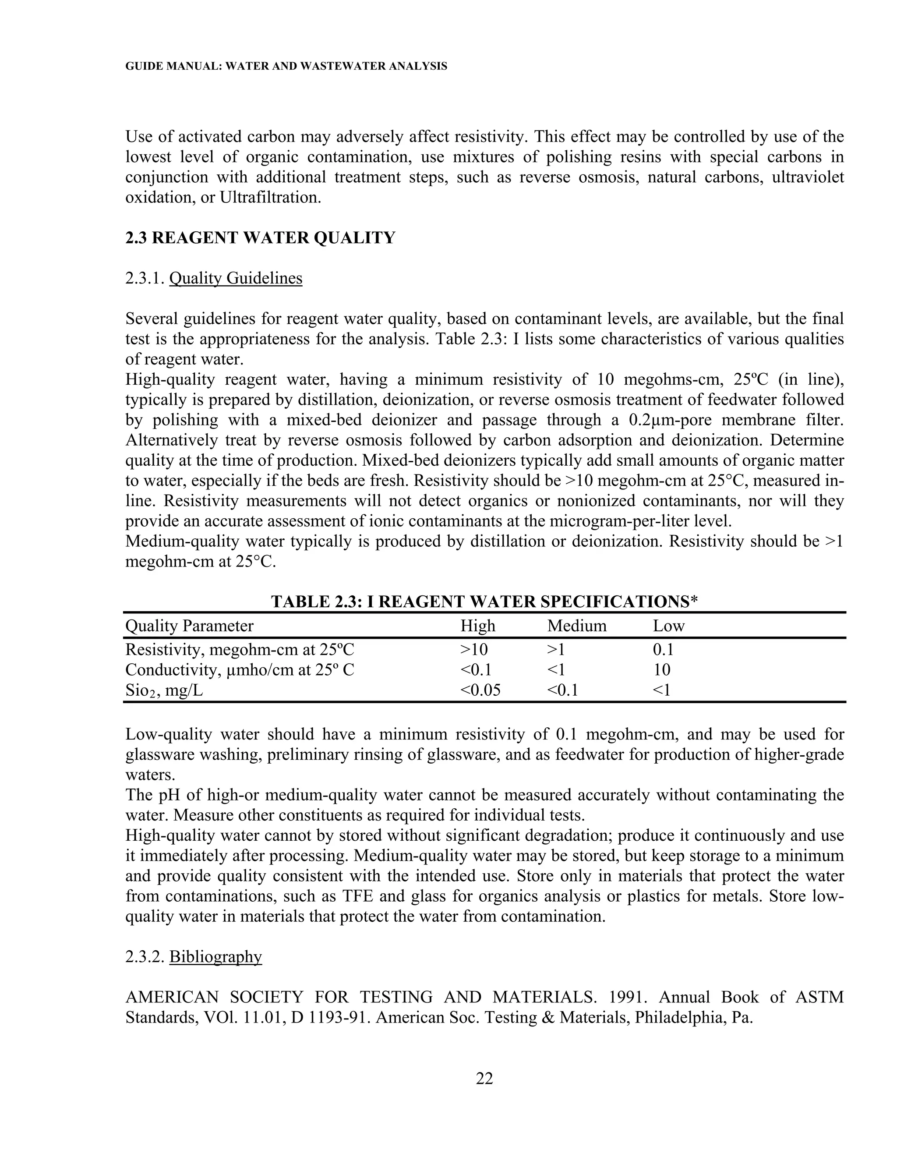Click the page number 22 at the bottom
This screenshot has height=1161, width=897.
click(484, 1078)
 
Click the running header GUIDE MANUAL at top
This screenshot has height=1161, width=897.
click(286, 67)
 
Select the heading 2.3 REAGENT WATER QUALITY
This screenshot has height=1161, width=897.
click(261, 237)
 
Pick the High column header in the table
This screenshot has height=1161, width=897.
click(478, 626)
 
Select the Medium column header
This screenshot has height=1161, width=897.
click(576, 626)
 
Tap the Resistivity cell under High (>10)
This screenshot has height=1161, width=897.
click(474, 650)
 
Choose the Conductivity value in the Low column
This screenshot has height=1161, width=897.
click(662, 670)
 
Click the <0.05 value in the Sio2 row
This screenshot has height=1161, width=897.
click(480, 690)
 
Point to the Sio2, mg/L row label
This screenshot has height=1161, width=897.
click(164, 690)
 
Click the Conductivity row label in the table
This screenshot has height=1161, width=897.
click(240, 670)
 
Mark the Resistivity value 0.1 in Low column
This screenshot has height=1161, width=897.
click(663, 650)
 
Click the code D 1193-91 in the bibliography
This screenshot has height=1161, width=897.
click(328, 1017)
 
